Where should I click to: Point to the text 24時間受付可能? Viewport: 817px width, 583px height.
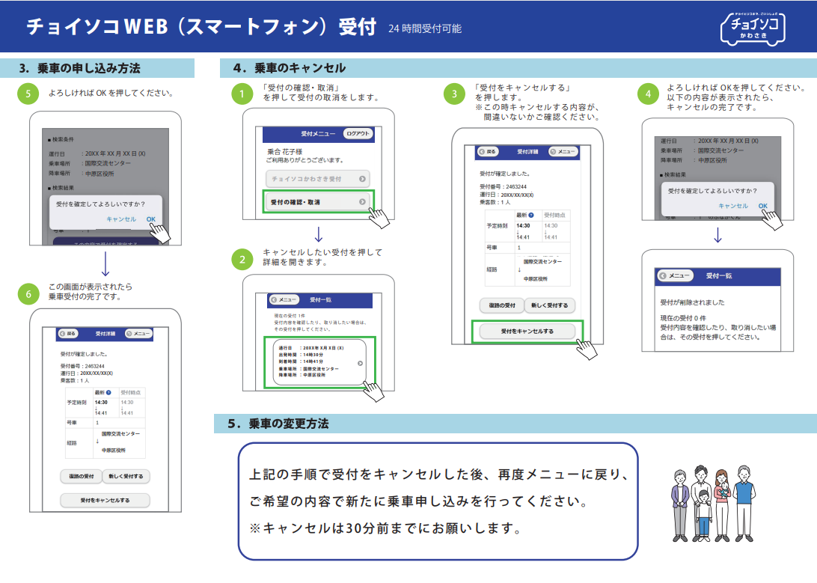pos(425,29)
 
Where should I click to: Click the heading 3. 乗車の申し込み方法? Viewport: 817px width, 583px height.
pos(80,68)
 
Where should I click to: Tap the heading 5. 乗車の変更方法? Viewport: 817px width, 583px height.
pos(278,424)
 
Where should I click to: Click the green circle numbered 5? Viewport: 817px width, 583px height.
pos(28,94)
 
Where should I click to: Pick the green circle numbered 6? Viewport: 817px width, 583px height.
pos(28,294)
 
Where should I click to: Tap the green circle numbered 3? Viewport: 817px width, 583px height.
pos(454,94)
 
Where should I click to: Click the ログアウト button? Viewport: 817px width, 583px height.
pos(358,134)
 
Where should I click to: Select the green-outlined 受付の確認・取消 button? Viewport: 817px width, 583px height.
pos(318,202)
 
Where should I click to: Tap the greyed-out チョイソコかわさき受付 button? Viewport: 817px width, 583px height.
pos(318,180)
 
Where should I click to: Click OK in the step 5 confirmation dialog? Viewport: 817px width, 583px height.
pos(151,219)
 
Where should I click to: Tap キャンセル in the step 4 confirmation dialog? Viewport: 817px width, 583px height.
pos(732,206)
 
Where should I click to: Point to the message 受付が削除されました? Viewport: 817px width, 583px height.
pos(692,302)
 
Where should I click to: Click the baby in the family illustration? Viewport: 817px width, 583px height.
pos(724,492)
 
